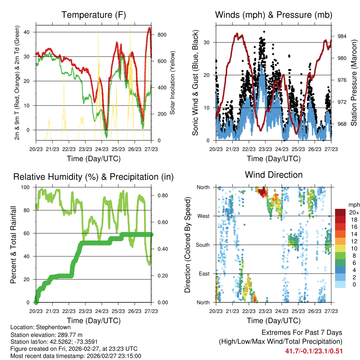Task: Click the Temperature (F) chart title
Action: click(94, 15)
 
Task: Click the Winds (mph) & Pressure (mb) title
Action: click(274, 15)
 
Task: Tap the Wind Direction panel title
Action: click(274, 175)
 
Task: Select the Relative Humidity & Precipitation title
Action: click(94, 177)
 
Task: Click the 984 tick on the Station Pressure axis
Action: click(342, 36)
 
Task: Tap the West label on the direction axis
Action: click(203, 216)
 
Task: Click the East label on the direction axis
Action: click(204, 274)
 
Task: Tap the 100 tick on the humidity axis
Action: click(27, 187)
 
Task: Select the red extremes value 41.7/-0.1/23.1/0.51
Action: click(314, 351)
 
